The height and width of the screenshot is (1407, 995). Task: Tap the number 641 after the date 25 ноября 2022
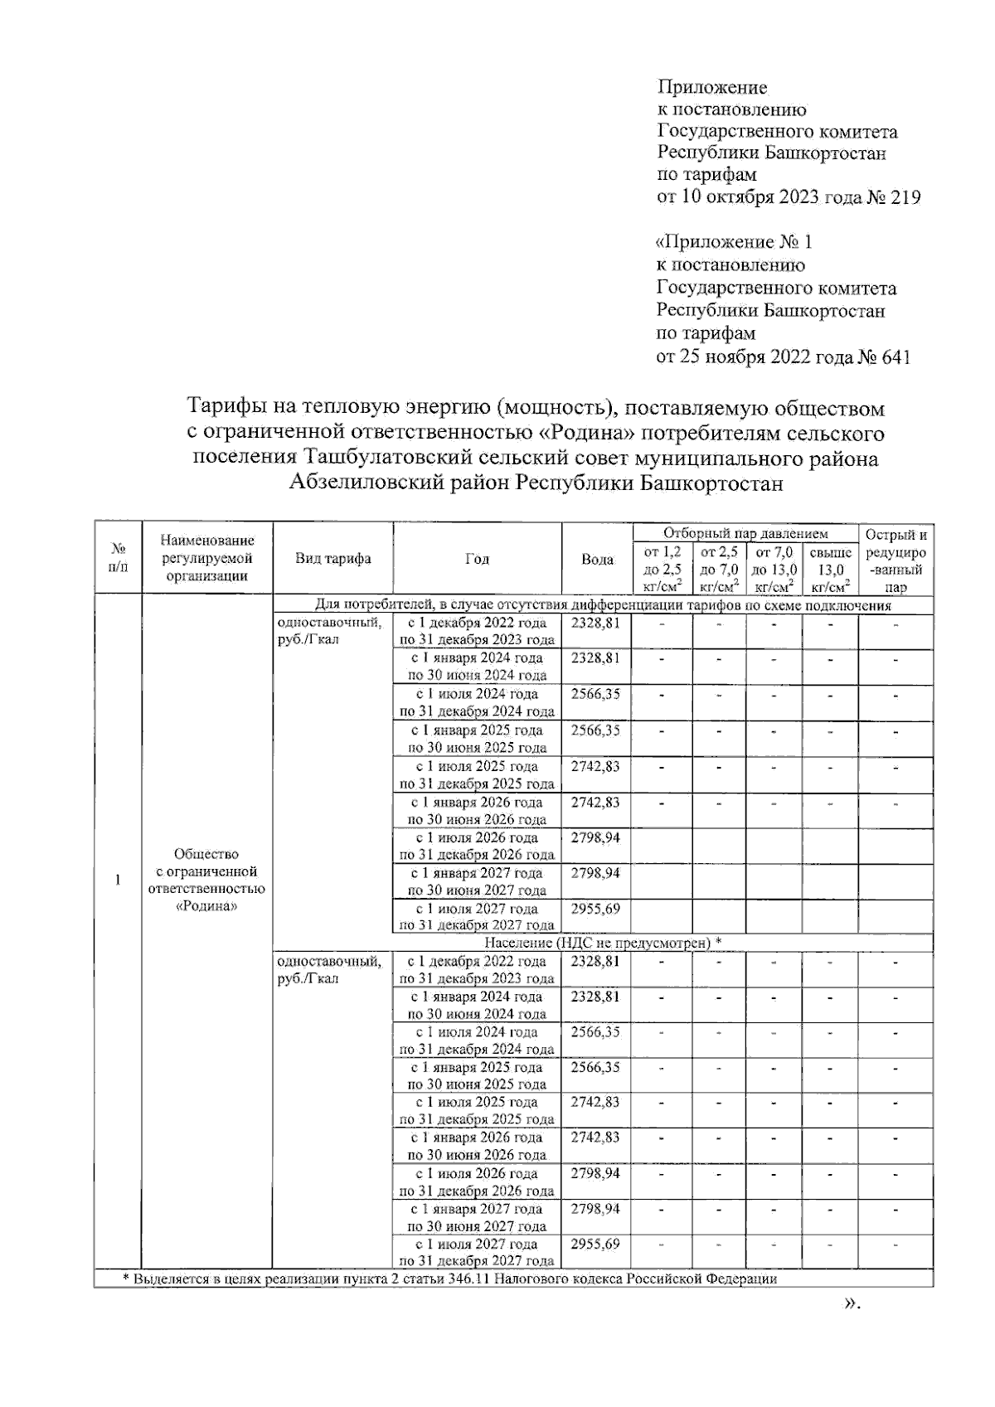click(x=895, y=357)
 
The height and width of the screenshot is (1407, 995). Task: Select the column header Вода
click(x=597, y=559)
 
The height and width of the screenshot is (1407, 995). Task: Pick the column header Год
click(x=477, y=559)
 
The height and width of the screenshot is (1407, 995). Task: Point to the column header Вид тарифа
click(x=332, y=559)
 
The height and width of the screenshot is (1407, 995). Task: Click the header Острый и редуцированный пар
click(x=895, y=560)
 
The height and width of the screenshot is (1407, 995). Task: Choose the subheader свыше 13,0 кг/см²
click(x=830, y=570)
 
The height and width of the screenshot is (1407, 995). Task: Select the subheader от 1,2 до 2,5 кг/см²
click(x=662, y=570)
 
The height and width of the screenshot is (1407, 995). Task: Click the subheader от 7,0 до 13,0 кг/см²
click(x=774, y=570)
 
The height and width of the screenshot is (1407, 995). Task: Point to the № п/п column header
click(x=118, y=558)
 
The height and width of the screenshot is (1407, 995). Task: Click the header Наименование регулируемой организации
click(x=207, y=558)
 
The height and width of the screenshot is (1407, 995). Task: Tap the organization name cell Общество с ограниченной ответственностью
click(x=207, y=880)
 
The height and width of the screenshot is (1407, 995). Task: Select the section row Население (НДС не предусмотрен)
click(x=603, y=943)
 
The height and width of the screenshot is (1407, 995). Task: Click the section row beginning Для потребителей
click(x=603, y=605)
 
